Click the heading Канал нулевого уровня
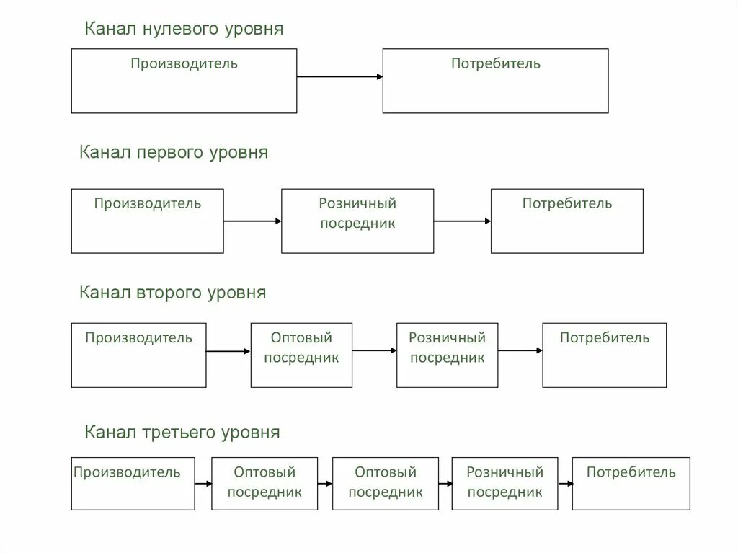pos(184,29)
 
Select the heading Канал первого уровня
pos(174,153)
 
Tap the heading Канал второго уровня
pos(173,293)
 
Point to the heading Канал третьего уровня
pos(182,433)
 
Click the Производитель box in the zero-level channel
pos(184,81)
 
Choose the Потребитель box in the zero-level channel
pos(495,81)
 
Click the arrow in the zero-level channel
pos(339,76)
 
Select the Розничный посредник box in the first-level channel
pos(357,221)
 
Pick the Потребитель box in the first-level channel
pos(567,221)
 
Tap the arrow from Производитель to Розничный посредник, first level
pos(252,221)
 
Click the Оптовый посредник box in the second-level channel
pos(301,355)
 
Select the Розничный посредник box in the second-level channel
pos(447,355)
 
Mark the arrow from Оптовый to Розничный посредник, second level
pos(375,351)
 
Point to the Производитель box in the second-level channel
pos(138,355)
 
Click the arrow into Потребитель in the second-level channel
pos(520,351)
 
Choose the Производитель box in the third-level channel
pos(133,484)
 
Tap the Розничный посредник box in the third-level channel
pos(504,484)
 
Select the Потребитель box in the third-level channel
pos(631,484)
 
